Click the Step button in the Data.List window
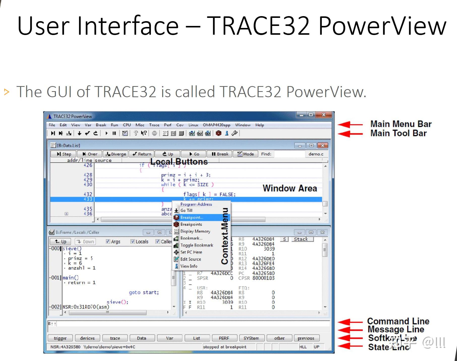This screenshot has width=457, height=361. (x=64, y=154)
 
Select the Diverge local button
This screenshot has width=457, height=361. (x=116, y=154)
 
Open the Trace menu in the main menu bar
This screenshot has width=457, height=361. (x=154, y=125)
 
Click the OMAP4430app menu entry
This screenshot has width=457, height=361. (x=216, y=125)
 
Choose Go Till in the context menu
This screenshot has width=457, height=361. (x=186, y=210)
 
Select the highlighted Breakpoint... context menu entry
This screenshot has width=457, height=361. (x=191, y=218)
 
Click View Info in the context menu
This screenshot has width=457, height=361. (x=189, y=266)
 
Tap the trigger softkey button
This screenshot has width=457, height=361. (x=60, y=338)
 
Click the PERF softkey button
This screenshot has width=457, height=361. (x=224, y=338)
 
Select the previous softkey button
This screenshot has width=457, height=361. (x=306, y=338)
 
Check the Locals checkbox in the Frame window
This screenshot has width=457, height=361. (x=133, y=241)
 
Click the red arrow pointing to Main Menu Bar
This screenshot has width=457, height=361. (x=350, y=125)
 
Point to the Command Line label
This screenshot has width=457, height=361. (x=398, y=321)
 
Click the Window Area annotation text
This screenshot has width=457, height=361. (x=290, y=188)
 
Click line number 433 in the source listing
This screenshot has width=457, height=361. (x=88, y=199)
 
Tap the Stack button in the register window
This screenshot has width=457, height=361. (x=301, y=239)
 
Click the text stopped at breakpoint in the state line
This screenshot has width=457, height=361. (x=225, y=347)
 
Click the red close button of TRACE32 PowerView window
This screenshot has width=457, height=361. (x=324, y=115)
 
